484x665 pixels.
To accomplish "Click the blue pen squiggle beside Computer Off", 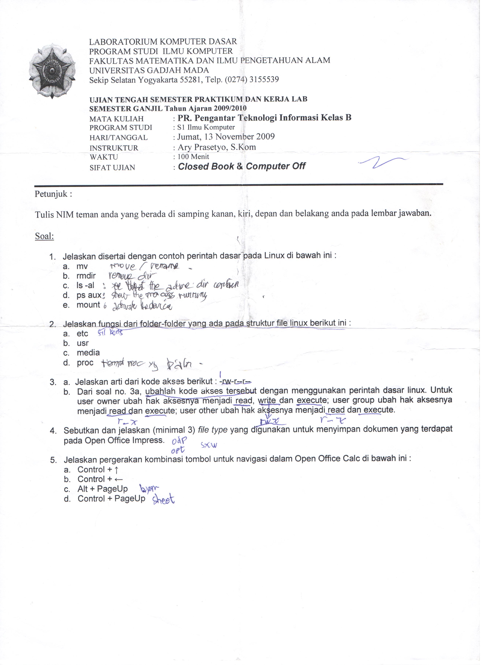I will pos(383,162).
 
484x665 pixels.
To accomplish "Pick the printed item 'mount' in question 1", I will pos(88,305).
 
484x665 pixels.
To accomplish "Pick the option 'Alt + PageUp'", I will pos(103,489).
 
